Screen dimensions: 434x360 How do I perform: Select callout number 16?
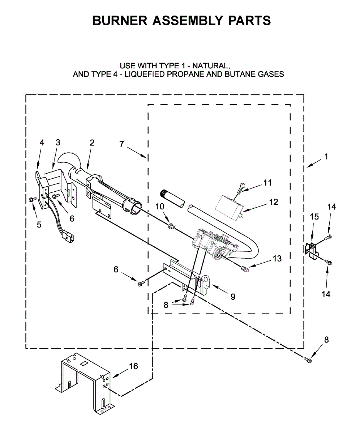click(133, 366)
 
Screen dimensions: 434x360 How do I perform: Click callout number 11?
click(267, 183)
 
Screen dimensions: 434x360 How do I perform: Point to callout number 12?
click(274, 202)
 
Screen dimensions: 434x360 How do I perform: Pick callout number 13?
click(277, 259)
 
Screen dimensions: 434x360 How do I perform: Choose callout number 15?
click(314, 217)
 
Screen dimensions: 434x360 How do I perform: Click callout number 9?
click(232, 297)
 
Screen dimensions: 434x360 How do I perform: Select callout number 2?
click(92, 142)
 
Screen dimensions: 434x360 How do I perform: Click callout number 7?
click(122, 144)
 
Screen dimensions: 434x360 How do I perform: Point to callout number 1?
click(326, 157)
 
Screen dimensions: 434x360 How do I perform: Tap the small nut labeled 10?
click(171, 227)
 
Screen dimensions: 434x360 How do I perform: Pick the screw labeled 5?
click(32, 200)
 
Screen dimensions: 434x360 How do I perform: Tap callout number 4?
click(42, 142)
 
